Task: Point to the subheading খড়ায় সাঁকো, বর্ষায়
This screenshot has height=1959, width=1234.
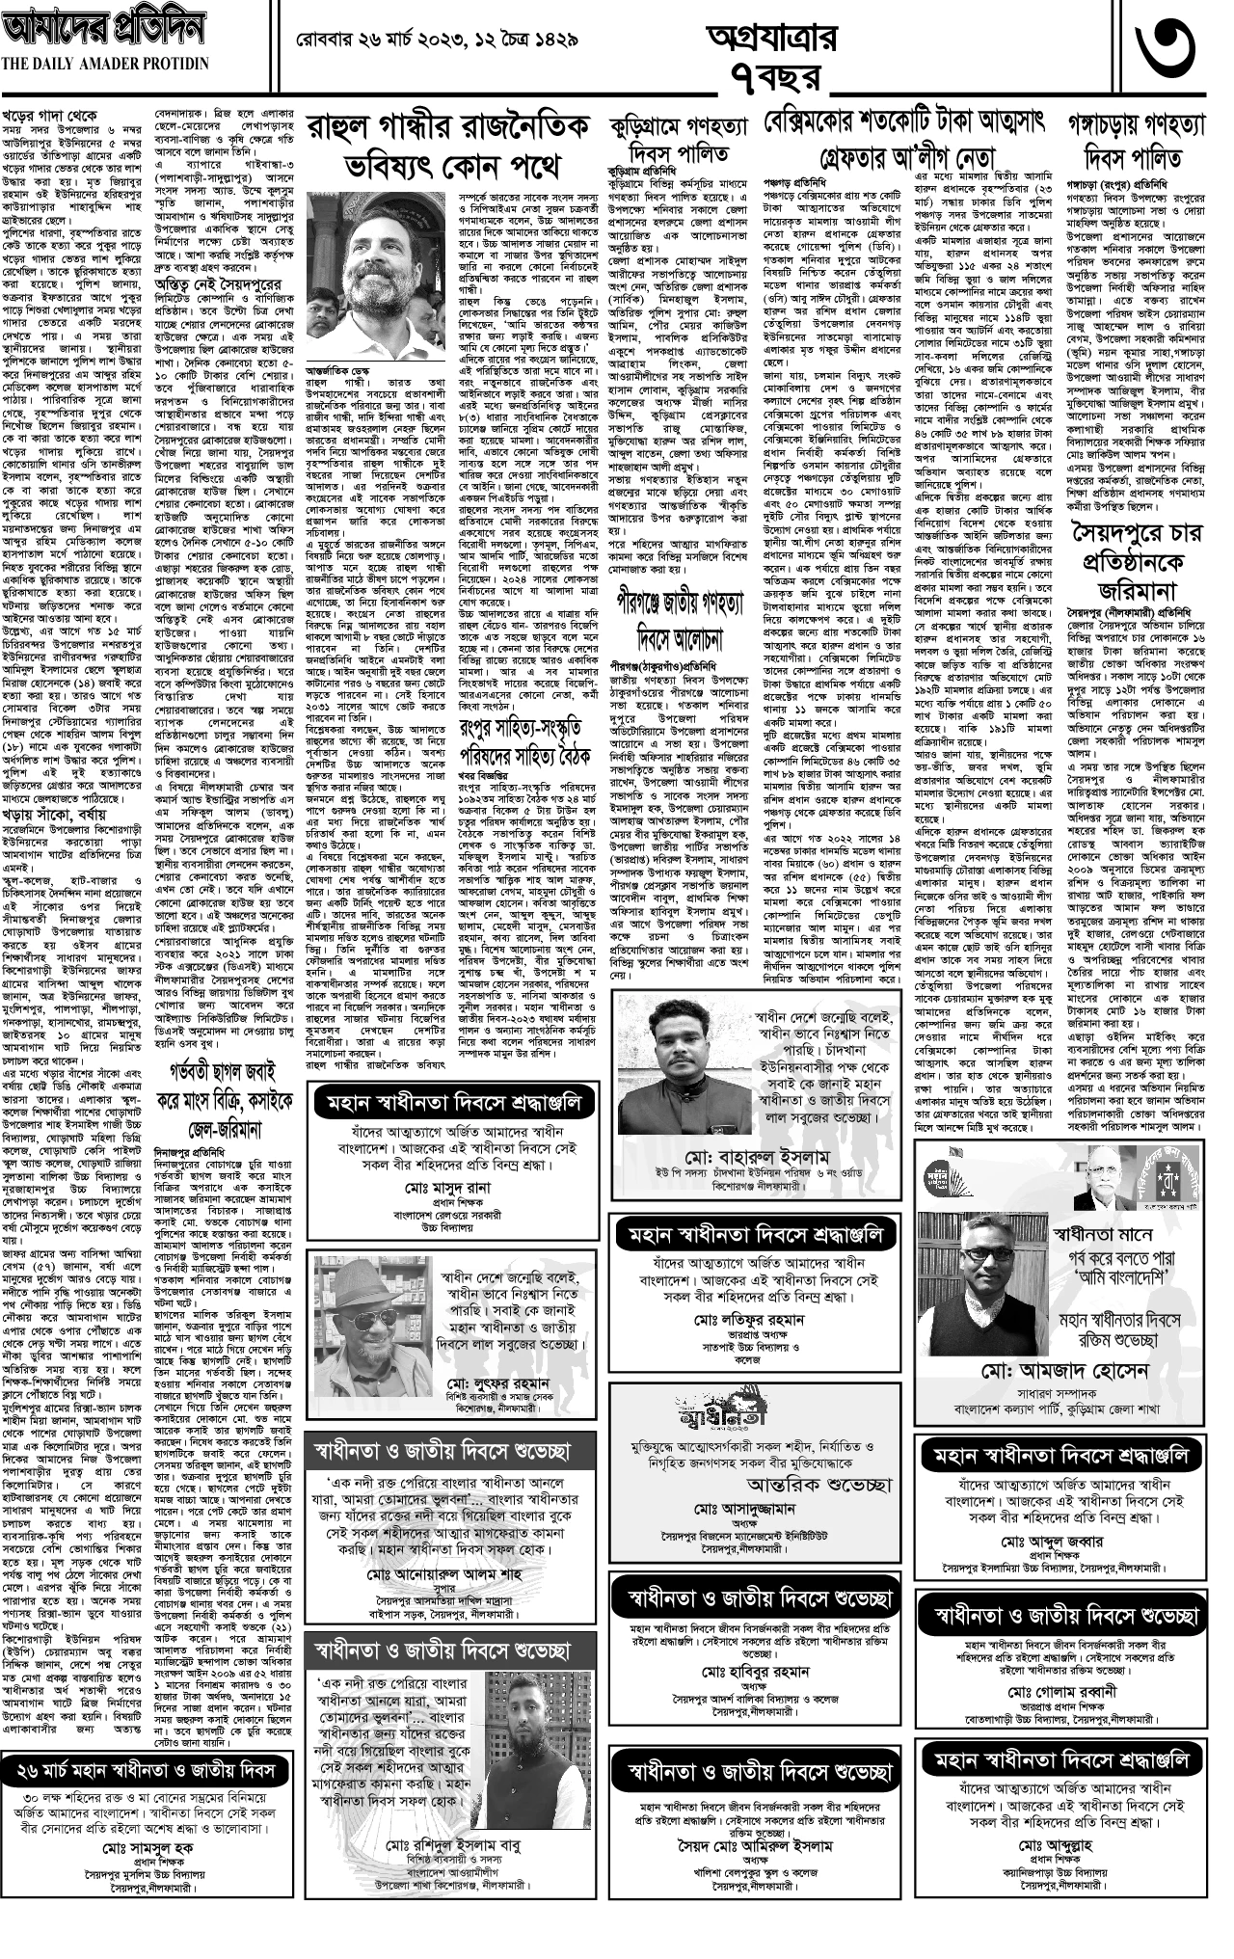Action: click(x=67, y=756)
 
